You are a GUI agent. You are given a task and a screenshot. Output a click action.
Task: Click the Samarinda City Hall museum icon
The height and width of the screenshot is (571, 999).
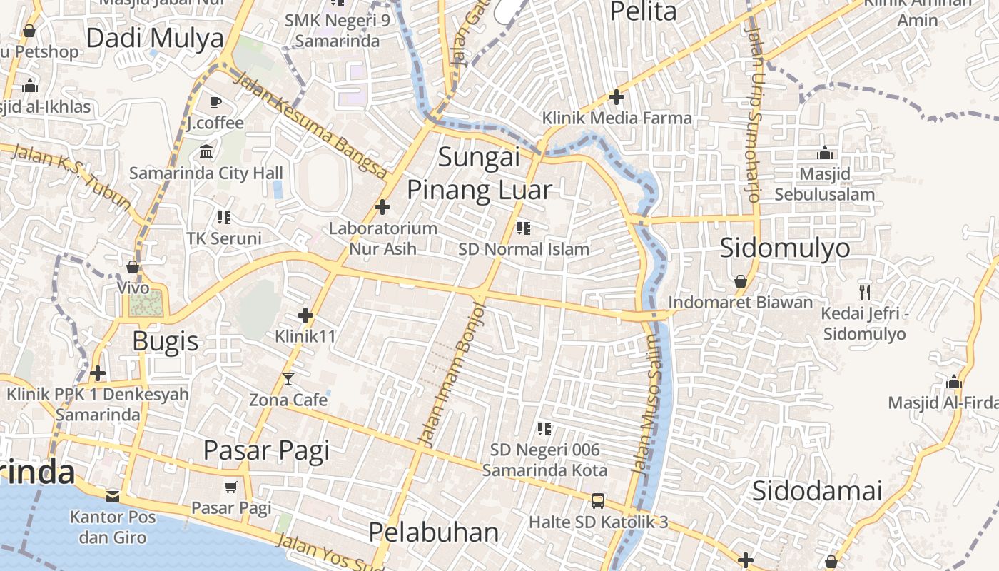click(x=206, y=152)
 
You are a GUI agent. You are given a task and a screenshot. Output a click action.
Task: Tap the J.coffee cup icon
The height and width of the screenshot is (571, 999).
click(x=215, y=103)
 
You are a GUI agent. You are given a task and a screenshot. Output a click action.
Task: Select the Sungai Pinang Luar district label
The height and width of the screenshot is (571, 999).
click(x=480, y=173)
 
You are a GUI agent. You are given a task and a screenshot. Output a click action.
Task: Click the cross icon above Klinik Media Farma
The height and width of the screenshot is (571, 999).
click(x=617, y=97)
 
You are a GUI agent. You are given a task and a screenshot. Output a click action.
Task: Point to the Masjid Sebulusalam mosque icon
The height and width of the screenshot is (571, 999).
click(x=825, y=153)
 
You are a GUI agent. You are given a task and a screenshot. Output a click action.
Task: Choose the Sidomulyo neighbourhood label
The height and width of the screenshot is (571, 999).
click(x=784, y=248)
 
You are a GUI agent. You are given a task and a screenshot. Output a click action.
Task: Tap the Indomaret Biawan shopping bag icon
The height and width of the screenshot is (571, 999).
click(x=741, y=281)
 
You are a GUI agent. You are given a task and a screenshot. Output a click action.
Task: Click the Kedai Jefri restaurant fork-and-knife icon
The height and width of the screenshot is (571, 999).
click(x=864, y=291)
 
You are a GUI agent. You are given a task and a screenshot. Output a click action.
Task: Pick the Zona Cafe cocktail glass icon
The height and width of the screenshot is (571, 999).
click(x=288, y=378)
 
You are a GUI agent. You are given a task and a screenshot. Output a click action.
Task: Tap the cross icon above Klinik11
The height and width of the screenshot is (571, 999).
click(x=305, y=315)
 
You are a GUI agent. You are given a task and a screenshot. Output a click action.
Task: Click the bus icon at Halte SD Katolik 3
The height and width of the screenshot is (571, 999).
click(x=598, y=500)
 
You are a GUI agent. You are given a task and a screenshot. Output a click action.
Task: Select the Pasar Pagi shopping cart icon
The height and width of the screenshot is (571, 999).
click(x=230, y=487)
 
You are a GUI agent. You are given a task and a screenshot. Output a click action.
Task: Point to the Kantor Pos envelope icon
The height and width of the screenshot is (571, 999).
click(x=113, y=496)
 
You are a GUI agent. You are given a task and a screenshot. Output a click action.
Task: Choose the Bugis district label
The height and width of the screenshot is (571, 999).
click(x=166, y=341)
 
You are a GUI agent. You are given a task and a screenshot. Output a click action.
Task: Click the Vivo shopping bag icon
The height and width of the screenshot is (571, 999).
click(x=133, y=268)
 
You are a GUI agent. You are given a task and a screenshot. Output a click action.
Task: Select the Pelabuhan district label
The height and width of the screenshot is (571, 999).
click(x=434, y=532)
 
